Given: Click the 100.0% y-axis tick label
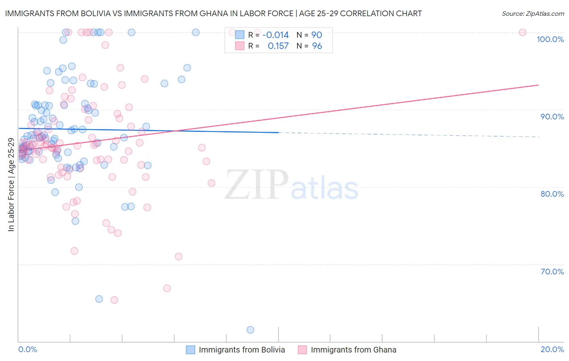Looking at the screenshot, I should [x=550, y=39].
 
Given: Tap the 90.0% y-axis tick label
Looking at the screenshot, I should [x=552, y=117].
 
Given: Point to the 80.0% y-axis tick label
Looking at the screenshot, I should [x=552, y=194].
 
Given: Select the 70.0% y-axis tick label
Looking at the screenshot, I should [x=552, y=272].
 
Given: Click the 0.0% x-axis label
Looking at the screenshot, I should [x=28, y=349].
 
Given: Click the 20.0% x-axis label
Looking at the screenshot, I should [x=552, y=349].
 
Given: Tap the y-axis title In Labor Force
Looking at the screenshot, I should [x=11, y=185].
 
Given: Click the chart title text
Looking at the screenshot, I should [x=213, y=13].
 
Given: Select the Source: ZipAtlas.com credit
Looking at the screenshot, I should [x=533, y=13].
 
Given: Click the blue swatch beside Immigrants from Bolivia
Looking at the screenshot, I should [x=190, y=350].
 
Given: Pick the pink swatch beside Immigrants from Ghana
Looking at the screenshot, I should [x=302, y=350].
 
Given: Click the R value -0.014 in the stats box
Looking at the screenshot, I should [x=276, y=35].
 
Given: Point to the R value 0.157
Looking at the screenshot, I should [x=278, y=46].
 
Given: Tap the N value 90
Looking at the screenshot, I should [x=316, y=35].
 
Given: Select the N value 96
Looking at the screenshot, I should [x=317, y=46].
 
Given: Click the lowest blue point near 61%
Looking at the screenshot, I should [x=250, y=330].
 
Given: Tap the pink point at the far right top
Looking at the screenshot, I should [x=522, y=32].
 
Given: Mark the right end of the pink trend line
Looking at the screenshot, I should [x=538, y=85].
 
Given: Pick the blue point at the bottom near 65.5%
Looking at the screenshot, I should [x=99, y=299].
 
